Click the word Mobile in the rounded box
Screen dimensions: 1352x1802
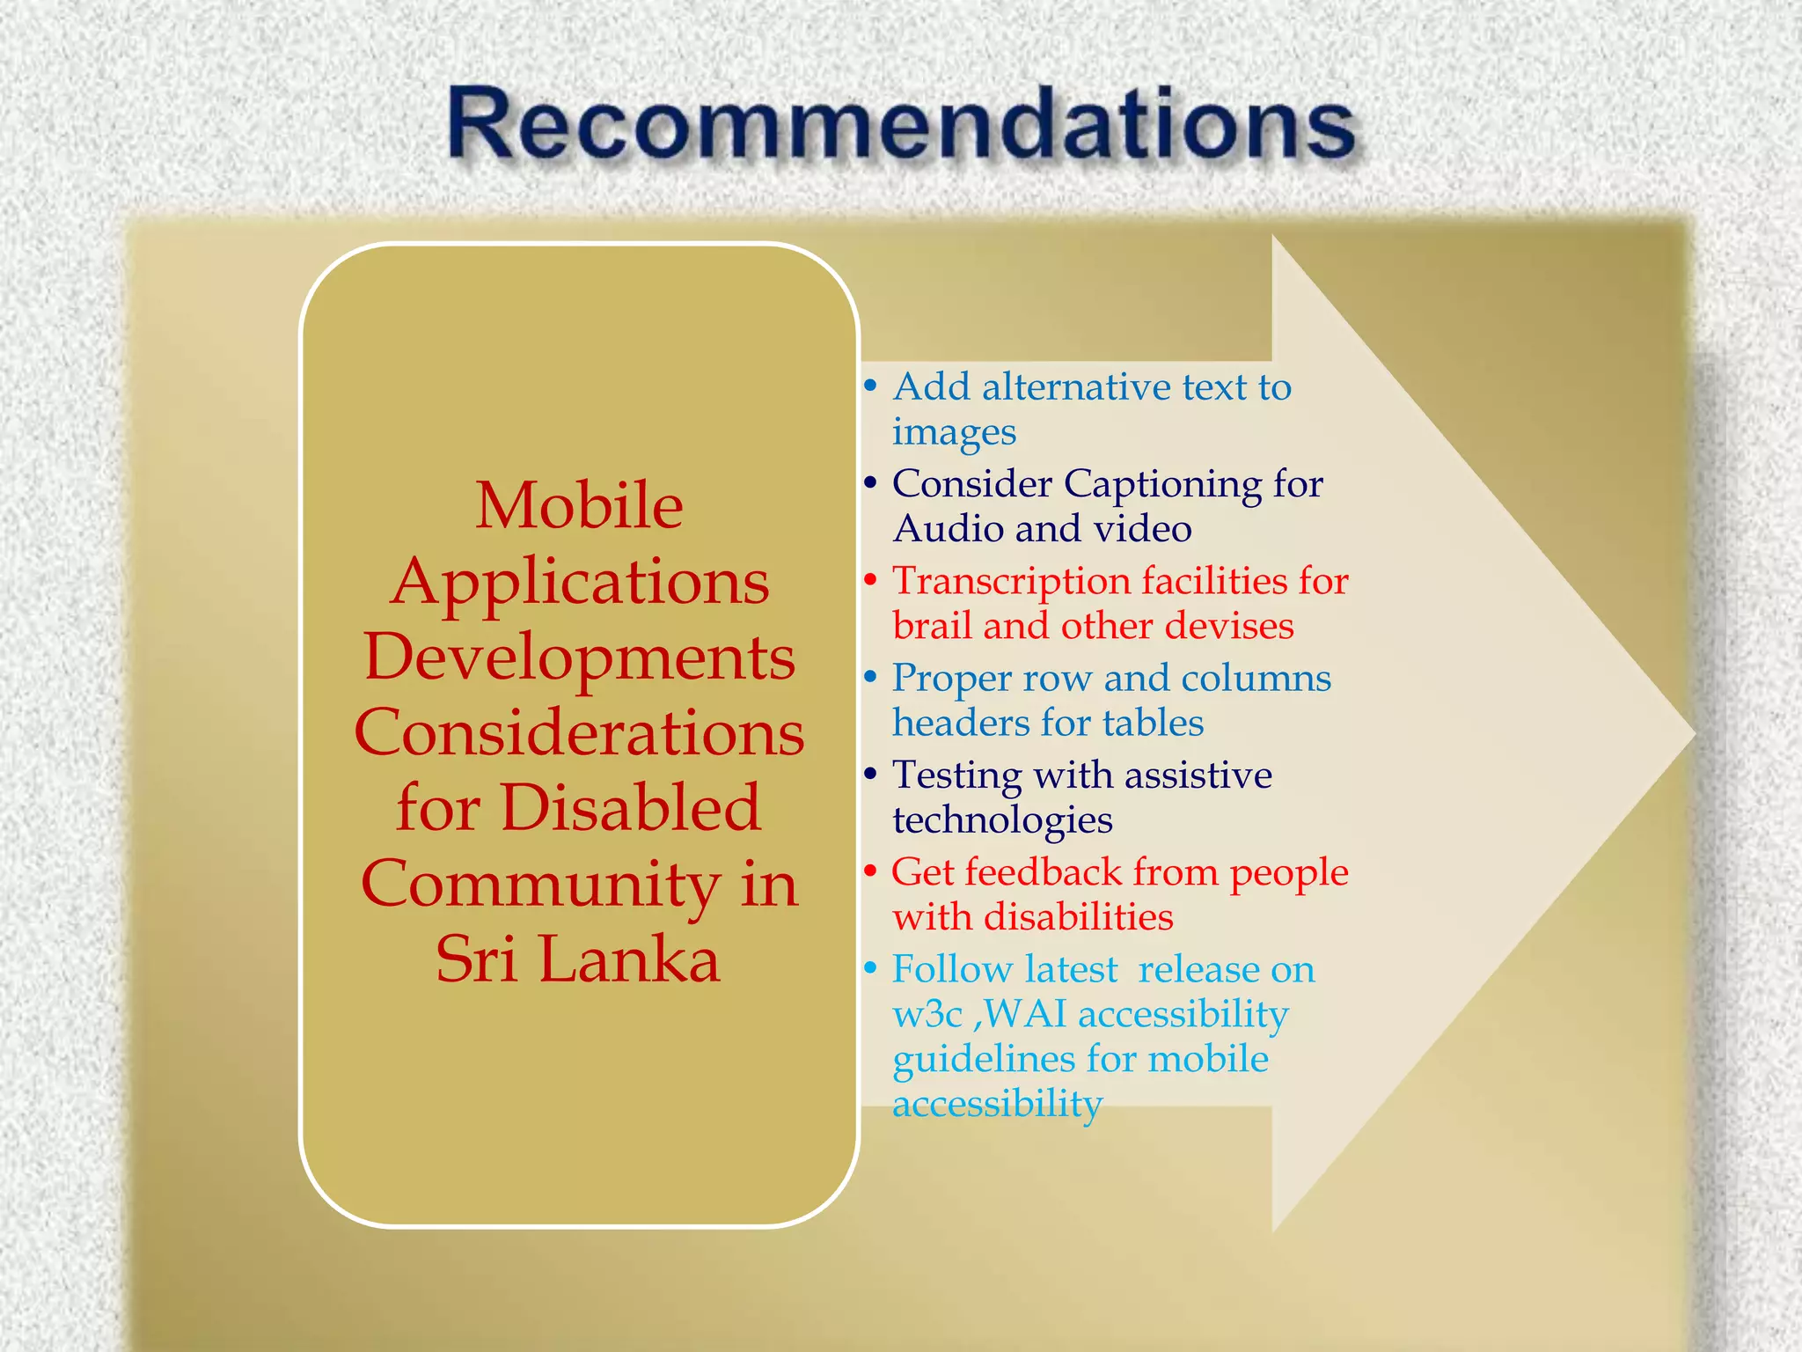click(x=579, y=506)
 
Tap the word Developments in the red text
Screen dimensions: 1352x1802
click(x=579, y=658)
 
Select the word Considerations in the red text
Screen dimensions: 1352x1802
click(x=579, y=733)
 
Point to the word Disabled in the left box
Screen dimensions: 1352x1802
click(x=630, y=808)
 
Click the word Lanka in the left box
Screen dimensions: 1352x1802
click(x=629, y=959)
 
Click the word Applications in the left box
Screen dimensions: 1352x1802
click(x=579, y=582)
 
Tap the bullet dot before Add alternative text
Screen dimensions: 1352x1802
click(x=870, y=386)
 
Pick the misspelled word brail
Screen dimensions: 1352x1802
click(x=932, y=626)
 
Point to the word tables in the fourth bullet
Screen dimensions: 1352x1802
click(x=1153, y=724)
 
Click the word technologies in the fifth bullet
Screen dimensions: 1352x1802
click(x=1002, y=820)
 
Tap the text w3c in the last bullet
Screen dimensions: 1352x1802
click(x=927, y=1015)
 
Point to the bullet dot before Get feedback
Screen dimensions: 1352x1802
click(x=870, y=871)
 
